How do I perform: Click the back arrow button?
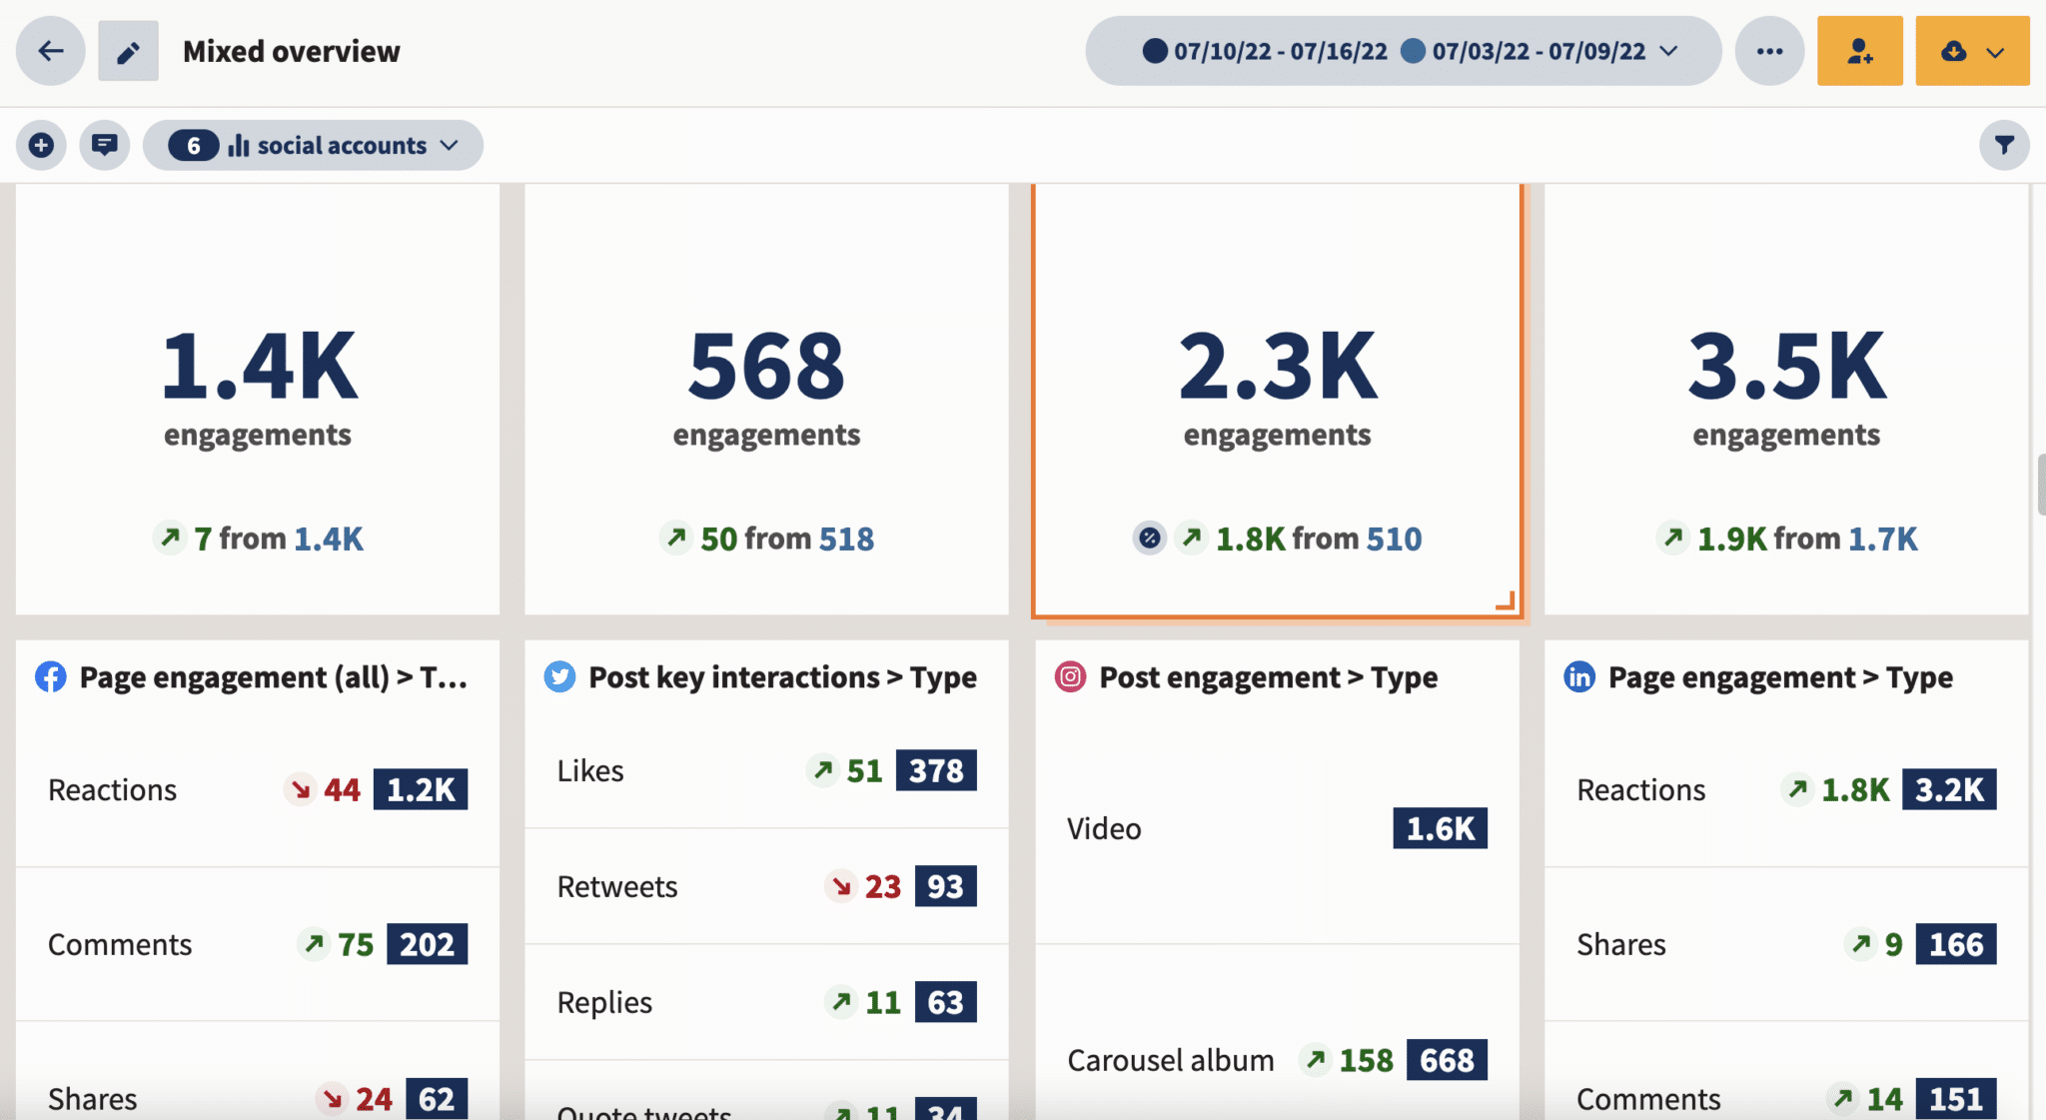50,51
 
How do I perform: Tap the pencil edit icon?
128,51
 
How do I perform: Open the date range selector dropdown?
1403,51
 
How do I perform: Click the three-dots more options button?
1769,51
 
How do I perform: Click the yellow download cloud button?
1971,51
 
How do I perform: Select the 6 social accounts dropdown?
313,146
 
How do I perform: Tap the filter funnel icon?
2003,146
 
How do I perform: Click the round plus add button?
41,146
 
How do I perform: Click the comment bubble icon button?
104,146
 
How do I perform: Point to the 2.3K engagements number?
1277,367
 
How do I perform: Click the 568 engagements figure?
766,367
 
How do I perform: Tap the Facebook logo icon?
51,677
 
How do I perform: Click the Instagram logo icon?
1070,677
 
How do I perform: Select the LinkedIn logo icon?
1579,677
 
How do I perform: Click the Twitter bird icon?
559,677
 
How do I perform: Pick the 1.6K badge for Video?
1440,828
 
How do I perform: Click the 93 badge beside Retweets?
945,886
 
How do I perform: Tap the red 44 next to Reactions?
341,790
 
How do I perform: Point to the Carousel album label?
1170,1060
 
